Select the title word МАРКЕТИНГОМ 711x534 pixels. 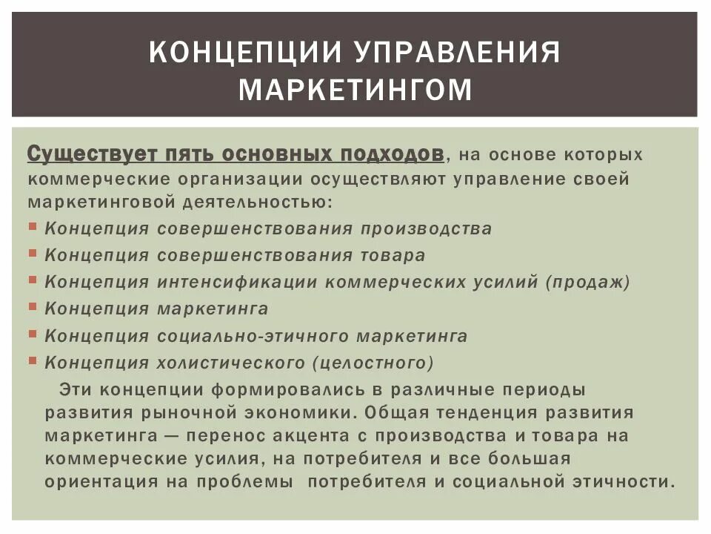click(x=355, y=90)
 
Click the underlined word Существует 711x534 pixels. click(x=86, y=154)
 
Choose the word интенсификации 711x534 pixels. click(x=236, y=282)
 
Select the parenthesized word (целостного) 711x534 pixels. click(x=373, y=363)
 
